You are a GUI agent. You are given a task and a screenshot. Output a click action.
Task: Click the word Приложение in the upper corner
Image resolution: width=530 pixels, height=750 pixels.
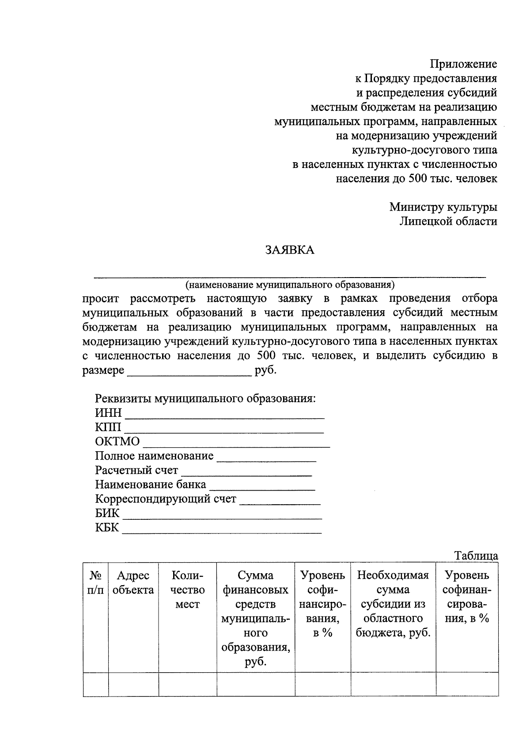click(464, 64)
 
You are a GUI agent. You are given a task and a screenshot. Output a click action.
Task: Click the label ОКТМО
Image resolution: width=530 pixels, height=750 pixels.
click(117, 442)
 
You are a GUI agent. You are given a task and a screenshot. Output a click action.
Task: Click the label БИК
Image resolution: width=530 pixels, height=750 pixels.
click(107, 514)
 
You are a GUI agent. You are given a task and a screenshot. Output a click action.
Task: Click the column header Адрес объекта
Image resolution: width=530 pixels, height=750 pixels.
click(133, 582)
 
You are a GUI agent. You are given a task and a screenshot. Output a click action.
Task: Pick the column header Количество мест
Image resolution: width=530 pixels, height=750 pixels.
click(187, 590)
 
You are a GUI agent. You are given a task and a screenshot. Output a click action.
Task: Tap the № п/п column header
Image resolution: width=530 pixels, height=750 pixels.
click(95, 582)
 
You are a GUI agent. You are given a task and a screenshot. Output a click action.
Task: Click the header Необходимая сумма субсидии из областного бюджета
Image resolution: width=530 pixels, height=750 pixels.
click(393, 604)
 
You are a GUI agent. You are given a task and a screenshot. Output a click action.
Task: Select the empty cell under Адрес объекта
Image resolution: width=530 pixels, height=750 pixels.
click(133, 684)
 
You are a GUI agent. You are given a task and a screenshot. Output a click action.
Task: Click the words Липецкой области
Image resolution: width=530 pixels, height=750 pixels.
click(448, 221)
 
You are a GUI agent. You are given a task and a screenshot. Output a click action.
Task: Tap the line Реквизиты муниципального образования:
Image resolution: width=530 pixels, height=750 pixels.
click(205, 399)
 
